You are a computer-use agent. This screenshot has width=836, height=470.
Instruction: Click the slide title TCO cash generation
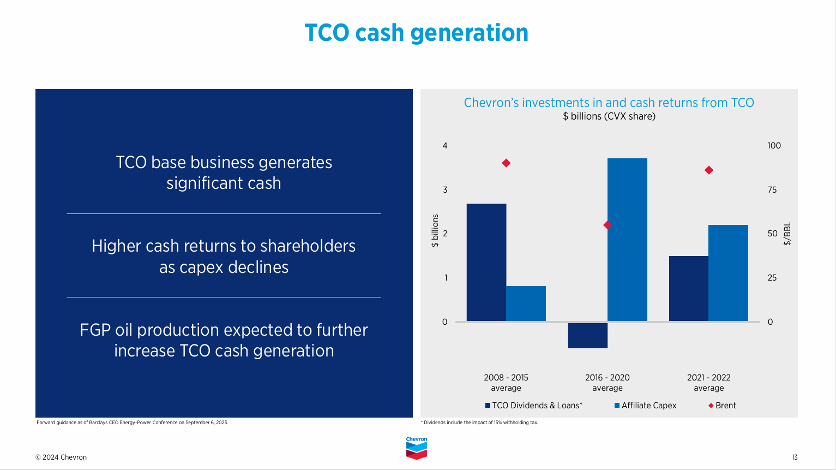[416, 33]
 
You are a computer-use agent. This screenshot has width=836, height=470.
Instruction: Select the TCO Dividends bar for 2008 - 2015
[486, 262]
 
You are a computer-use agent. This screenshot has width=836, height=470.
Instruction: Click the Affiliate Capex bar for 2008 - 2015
[526, 304]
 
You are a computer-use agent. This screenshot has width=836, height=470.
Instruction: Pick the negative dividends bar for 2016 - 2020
[587, 335]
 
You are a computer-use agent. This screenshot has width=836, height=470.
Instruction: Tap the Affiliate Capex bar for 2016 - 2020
[627, 240]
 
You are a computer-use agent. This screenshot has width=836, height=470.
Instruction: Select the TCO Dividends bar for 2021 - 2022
[688, 288]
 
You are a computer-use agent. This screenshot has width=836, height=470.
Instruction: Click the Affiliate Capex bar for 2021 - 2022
[728, 273]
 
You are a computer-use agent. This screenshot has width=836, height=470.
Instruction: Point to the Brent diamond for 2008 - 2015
[506, 163]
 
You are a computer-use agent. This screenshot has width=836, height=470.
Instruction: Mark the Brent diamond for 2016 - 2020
[608, 225]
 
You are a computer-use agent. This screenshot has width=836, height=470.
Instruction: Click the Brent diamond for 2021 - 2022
[709, 170]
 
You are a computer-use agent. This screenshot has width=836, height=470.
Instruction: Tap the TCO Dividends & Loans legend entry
[534, 406]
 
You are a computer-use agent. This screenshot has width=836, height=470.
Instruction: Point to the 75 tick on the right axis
[772, 190]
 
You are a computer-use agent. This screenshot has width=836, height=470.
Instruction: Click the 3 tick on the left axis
[445, 190]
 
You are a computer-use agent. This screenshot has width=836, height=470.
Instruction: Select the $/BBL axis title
[787, 234]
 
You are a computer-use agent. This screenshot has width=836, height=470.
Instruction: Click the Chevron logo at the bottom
[417, 448]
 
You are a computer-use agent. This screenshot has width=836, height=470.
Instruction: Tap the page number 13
[795, 457]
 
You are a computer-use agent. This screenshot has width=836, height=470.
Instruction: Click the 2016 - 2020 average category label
[608, 383]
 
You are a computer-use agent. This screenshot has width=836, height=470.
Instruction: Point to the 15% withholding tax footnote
[479, 423]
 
